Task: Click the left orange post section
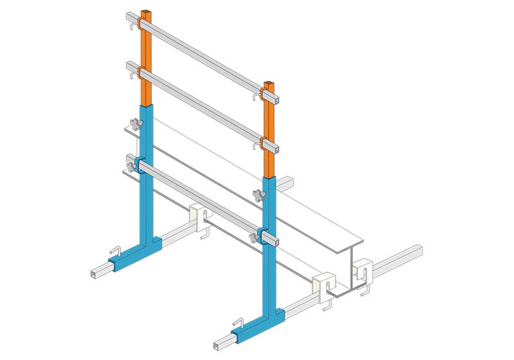[x=146, y=58]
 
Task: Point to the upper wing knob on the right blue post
[x=259, y=195]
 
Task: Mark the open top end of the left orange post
[x=147, y=12]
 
